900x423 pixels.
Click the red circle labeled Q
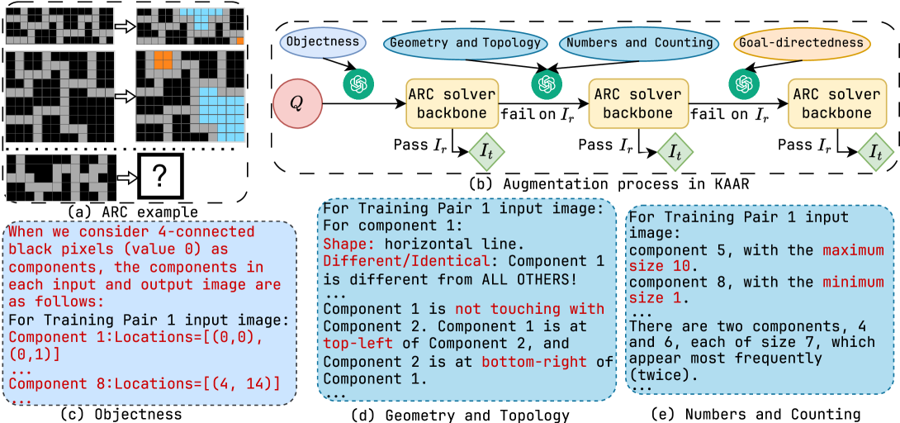point(298,104)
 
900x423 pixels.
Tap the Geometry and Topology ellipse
point(465,43)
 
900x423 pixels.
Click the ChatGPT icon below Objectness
point(360,83)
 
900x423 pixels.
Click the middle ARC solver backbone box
point(638,103)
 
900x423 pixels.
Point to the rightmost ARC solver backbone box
point(836,103)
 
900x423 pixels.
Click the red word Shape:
point(350,245)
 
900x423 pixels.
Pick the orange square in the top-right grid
point(239,40)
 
